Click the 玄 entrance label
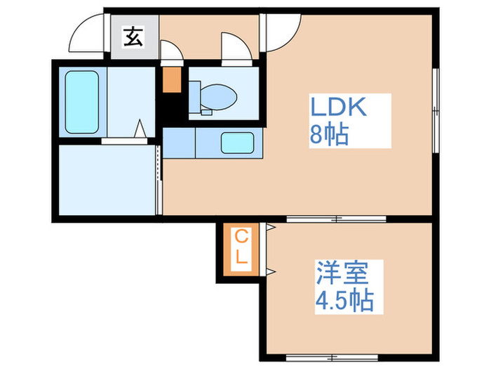click(x=133, y=36)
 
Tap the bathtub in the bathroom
click(x=81, y=101)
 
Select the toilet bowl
click(x=217, y=94)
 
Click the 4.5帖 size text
click(x=344, y=302)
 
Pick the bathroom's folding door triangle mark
click(x=140, y=130)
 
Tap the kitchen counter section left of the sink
click(x=178, y=143)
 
